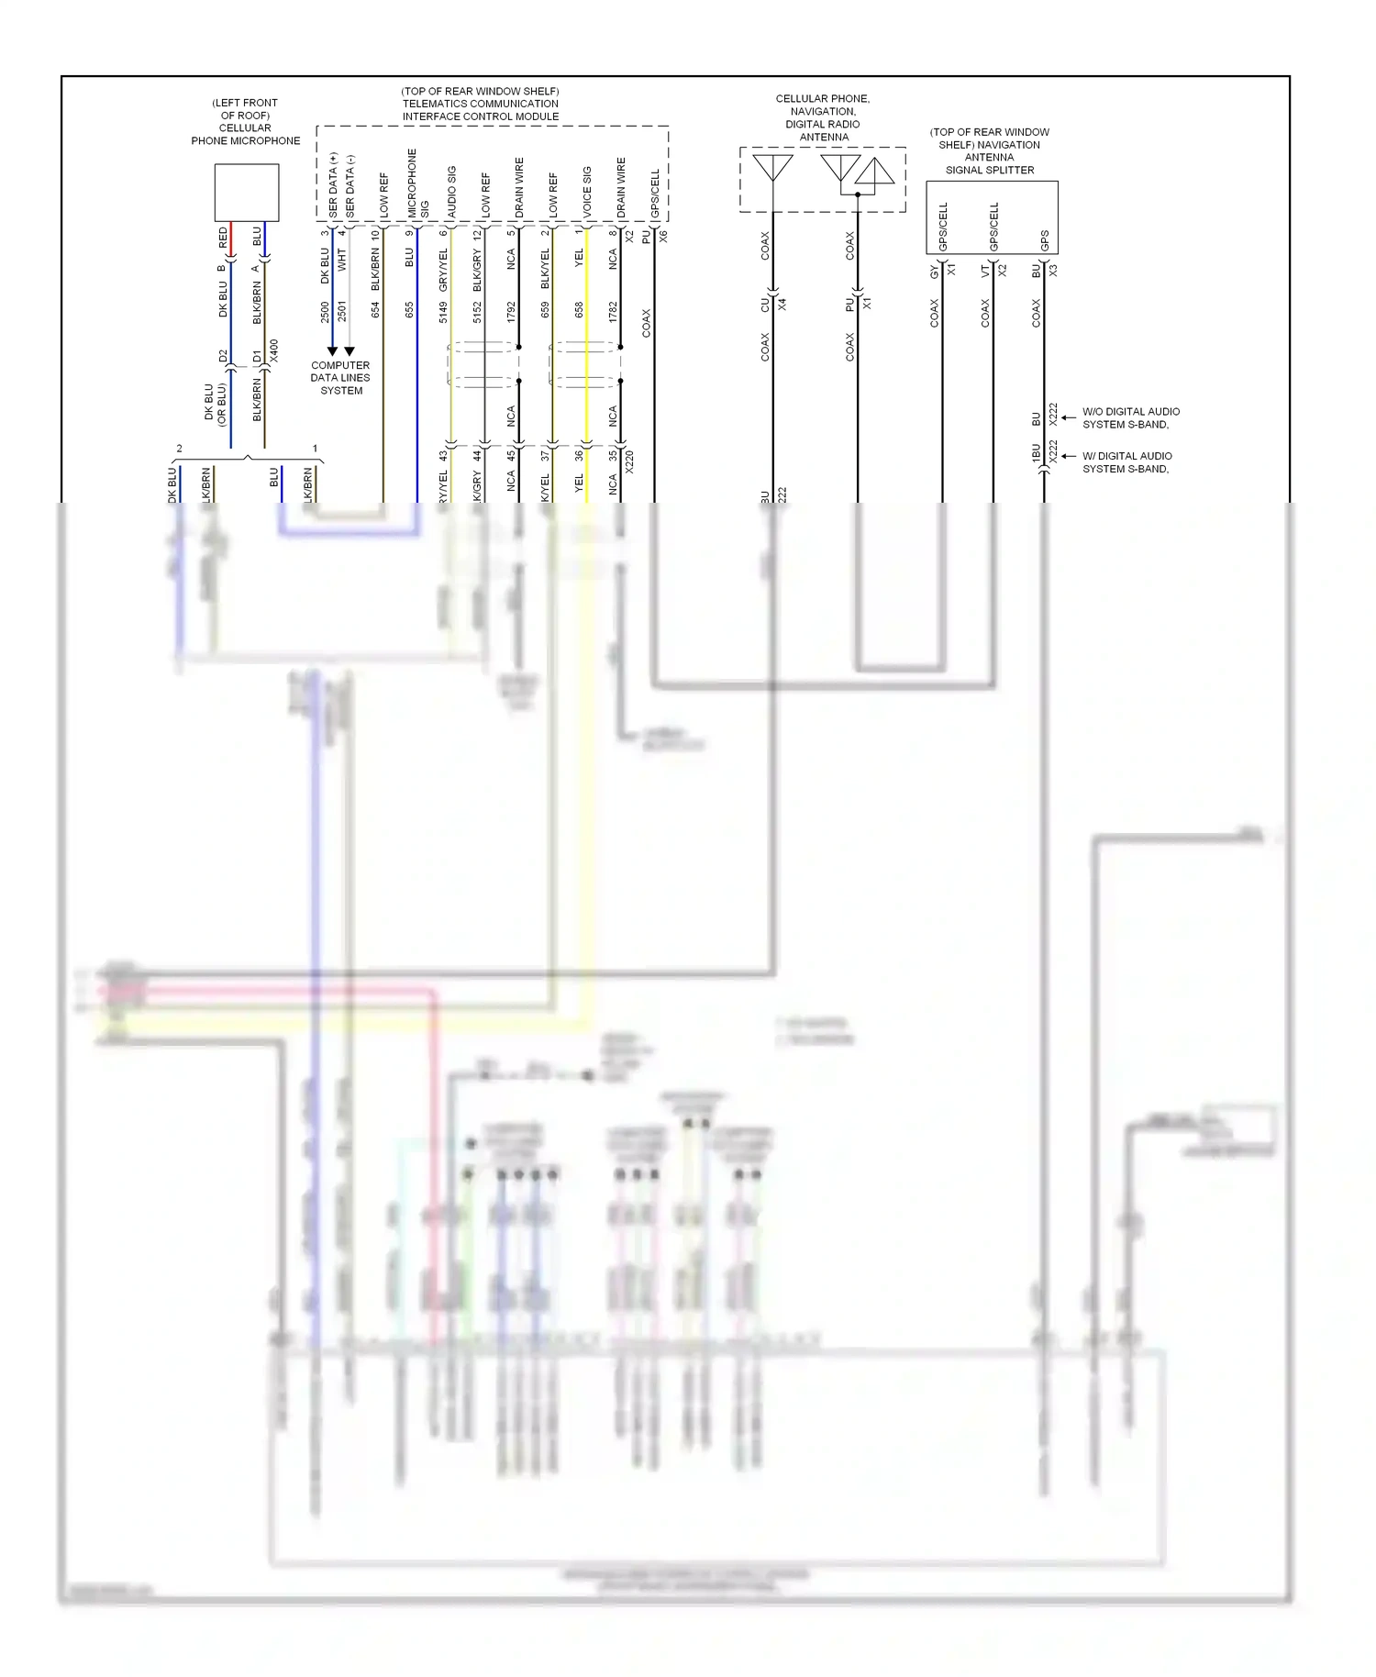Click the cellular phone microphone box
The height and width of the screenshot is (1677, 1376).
[246, 192]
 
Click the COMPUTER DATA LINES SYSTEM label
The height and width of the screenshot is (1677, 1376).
[340, 378]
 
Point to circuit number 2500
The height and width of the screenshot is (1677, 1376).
[325, 312]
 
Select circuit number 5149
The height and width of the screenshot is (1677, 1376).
[443, 312]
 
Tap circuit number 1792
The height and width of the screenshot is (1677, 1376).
[511, 312]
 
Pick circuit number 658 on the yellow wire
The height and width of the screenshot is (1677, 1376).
[579, 310]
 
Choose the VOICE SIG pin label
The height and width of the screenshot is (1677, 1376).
[587, 191]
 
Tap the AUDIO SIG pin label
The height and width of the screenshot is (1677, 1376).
[451, 192]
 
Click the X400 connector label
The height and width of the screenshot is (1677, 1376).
[273, 350]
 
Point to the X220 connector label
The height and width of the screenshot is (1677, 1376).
[629, 461]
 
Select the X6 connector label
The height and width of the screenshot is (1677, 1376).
[663, 236]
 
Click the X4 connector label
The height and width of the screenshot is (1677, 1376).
[782, 304]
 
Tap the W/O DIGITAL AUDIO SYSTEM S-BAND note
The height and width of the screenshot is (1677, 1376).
[1130, 418]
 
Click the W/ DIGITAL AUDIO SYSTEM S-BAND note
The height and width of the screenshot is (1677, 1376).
[1126, 462]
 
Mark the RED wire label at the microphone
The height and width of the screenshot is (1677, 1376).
[223, 238]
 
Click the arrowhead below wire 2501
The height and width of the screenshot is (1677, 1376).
[350, 351]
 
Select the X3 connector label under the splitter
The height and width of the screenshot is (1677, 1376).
[1053, 271]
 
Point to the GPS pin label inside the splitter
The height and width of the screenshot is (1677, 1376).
[1044, 240]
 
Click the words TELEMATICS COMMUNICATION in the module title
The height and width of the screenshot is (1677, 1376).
[480, 104]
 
